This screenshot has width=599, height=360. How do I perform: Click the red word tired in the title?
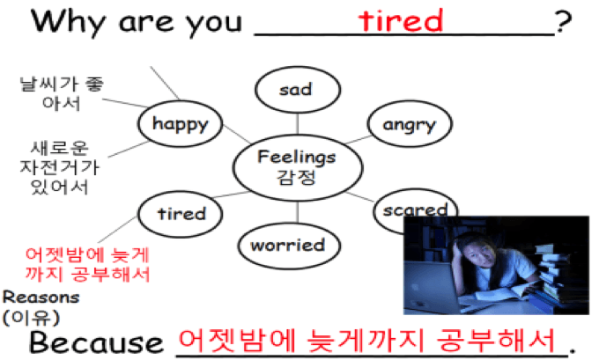tap(401, 20)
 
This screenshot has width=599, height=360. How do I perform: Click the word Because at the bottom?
tap(96, 342)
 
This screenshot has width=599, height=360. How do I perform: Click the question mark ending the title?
tap(564, 22)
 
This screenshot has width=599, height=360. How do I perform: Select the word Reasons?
tap(41, 297)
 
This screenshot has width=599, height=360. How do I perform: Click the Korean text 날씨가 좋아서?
tap(62, 93)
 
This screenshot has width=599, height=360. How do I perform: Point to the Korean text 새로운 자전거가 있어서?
tap(60, 167)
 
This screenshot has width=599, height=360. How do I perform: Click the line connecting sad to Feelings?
tap(298, 124)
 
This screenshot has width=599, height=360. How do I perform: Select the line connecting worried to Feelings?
tap(298, 212)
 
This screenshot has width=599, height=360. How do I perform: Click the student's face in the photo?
tap(475, 253)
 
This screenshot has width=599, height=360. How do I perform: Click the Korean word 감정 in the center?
tap(297, 177)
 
